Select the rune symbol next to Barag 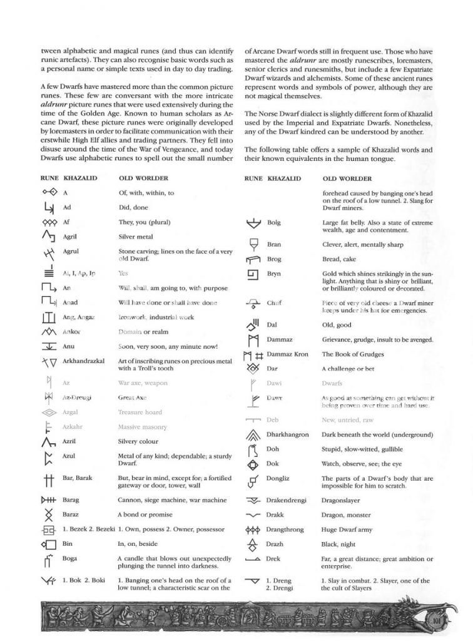coord(49,500)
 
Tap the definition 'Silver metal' coord(135,237)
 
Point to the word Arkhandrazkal coord(84,361)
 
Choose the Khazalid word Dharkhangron coord(288,434)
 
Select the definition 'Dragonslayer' coord(343,500)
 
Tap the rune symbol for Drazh coord(253,544)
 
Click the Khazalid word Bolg coord(274,222)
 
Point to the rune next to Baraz coord(49,515)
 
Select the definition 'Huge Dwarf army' coord(347,530)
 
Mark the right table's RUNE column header coord(253,178)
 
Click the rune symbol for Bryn coord(253,275)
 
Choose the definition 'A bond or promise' coord(144,515)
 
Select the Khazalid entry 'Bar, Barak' coord(78,478)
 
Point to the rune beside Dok coord(253,464)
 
